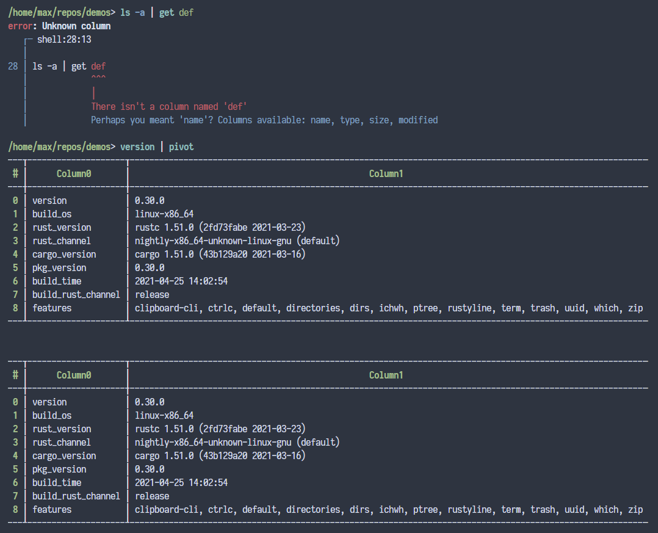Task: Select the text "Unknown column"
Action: [76, 26]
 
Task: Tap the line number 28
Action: [13, 67]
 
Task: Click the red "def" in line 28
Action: [98, 67]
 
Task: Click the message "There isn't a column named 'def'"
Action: [169, 107]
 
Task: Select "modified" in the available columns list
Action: [418, 120]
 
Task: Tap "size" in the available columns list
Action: [379, 120]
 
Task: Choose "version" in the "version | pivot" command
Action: [137, 147]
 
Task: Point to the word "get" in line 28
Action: [79, 67]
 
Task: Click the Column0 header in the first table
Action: [74, 174]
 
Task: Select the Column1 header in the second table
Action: [386, 375]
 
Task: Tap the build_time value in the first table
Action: [181, 281]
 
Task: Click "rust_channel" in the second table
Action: [62, 443]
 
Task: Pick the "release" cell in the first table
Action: [152, 295]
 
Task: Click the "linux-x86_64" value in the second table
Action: [164, 416]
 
